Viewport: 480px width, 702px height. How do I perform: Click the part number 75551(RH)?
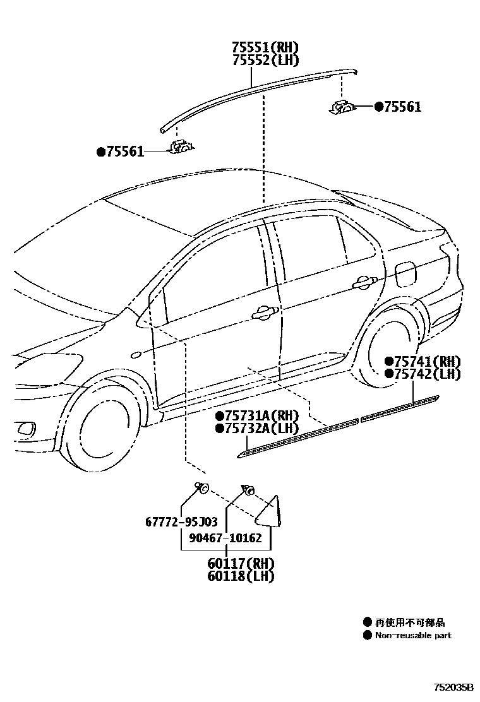[x=265, y=48]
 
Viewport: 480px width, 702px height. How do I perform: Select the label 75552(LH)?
[x=265, y=60]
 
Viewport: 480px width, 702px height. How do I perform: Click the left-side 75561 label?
[x=124, y=152]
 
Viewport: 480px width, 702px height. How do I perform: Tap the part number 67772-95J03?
[x=181, y=522]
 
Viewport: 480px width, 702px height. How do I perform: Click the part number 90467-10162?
[x=225, y=538]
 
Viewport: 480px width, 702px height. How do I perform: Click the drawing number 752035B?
[x=453, y=686]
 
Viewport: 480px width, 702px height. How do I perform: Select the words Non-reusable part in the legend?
[x=414, y=636]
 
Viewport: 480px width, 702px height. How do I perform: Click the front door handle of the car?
[x=263, y=312]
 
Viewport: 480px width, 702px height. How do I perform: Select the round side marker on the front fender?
[x=135, y=355]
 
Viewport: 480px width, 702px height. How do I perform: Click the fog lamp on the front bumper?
[x=26, y=430]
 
